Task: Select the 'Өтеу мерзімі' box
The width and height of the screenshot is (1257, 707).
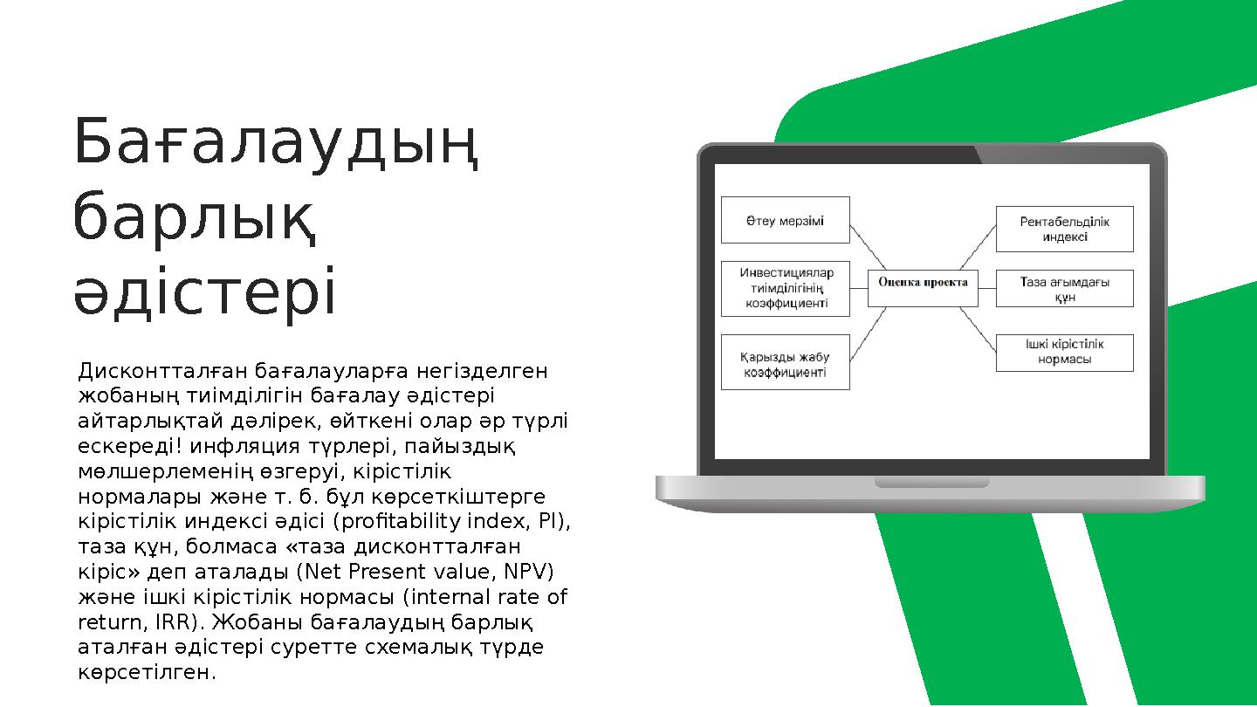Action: [x=784, y=220]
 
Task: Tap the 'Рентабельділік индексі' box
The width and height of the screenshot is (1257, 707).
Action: [x=1064, y=229]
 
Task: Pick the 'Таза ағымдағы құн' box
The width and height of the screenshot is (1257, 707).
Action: [x=1064, y=289]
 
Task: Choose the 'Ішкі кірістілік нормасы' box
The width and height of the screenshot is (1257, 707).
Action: [x=1064, y=352]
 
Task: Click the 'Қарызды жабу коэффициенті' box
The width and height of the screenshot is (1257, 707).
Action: [x=784, y=363]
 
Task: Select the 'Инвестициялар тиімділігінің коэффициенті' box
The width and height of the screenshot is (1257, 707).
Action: [x=784, y=288]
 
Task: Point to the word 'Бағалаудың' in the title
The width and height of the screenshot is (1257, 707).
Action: [x=277, y=145]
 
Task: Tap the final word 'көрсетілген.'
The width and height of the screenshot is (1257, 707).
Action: [x=146, y=673]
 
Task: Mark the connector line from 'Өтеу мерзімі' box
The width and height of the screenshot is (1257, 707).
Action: [x=868, y=247]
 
